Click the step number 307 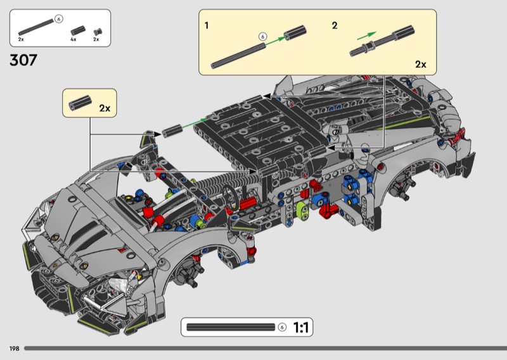point(23,61)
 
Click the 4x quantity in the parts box point(74,39)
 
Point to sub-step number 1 point(207,26)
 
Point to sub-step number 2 point(335,26)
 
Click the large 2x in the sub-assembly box point(420,64)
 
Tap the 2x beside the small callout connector point(105,108)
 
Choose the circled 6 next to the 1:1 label point(281,328)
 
